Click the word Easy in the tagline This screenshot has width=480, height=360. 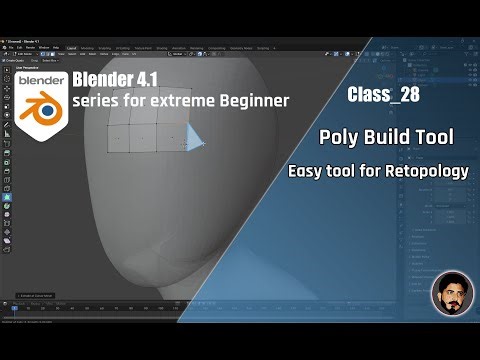pos(307,172)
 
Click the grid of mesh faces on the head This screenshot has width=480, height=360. pos(145,134)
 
